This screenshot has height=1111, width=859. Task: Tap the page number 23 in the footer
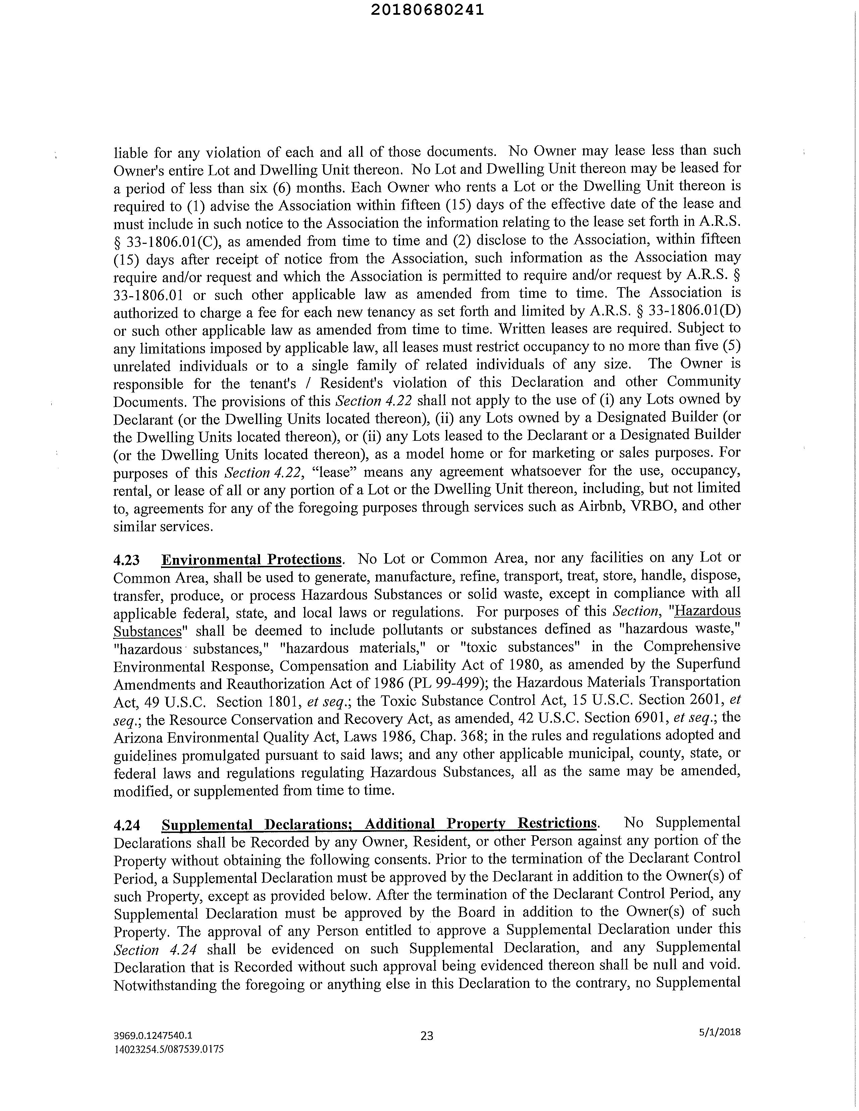427,1035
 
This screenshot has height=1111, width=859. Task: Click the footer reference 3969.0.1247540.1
153,1035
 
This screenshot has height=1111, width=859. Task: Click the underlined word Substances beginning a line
147,631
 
